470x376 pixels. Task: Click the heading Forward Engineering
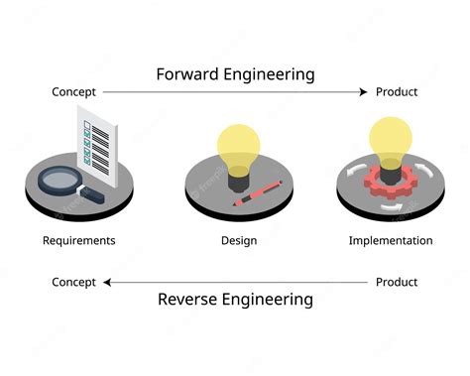point(235,73)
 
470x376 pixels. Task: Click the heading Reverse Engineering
point(235,299)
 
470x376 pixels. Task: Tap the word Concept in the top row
point(74,92)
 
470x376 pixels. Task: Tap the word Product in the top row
point(397,92)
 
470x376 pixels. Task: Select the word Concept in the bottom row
point(74,282)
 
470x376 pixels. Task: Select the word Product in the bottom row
point(397,282)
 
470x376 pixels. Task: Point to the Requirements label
point(79,240)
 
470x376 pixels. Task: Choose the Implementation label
point(391,240)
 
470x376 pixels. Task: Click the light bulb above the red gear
point(390,136)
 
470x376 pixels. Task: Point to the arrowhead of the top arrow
point(362,92)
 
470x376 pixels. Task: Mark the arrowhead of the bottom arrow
point(108,282)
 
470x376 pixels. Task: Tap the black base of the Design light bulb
point(238,180)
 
